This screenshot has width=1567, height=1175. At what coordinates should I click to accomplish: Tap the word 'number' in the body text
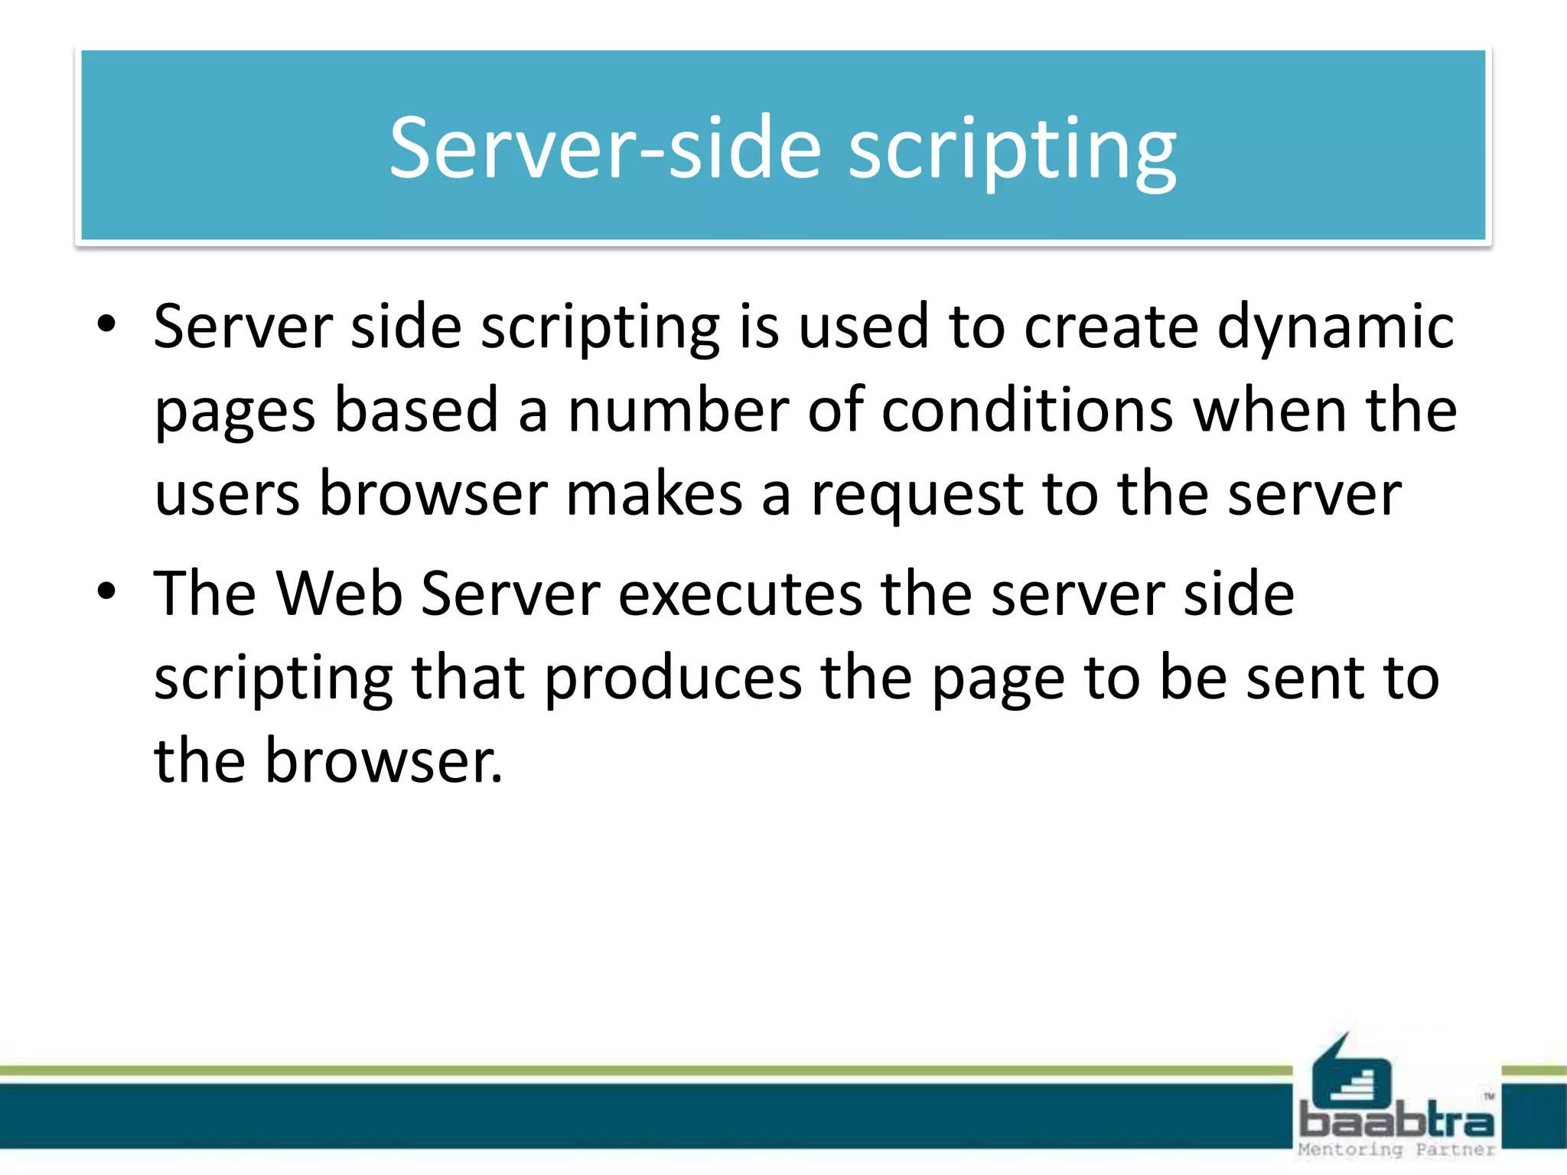pyautogui.click(x=677, y=411)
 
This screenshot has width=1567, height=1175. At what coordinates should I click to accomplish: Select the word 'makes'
pyautogui.click(x=654, y=494)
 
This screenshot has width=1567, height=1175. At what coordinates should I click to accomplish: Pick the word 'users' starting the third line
pyautogui.click(x=227, y=494)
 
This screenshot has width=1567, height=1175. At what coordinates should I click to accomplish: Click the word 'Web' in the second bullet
pyautogui.click(x=339, y=594)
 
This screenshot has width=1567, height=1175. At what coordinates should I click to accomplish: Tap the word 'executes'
pyautogui.click(x=739, y=594)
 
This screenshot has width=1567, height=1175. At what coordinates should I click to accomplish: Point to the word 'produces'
pyautogui.click(x=673, y=679)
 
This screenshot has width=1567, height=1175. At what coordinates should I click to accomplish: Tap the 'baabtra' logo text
pyautogui.click(x=1396, y=1121)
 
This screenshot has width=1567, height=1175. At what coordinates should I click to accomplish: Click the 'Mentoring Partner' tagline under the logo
pyautogui.click(x=1396, y=1149)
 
